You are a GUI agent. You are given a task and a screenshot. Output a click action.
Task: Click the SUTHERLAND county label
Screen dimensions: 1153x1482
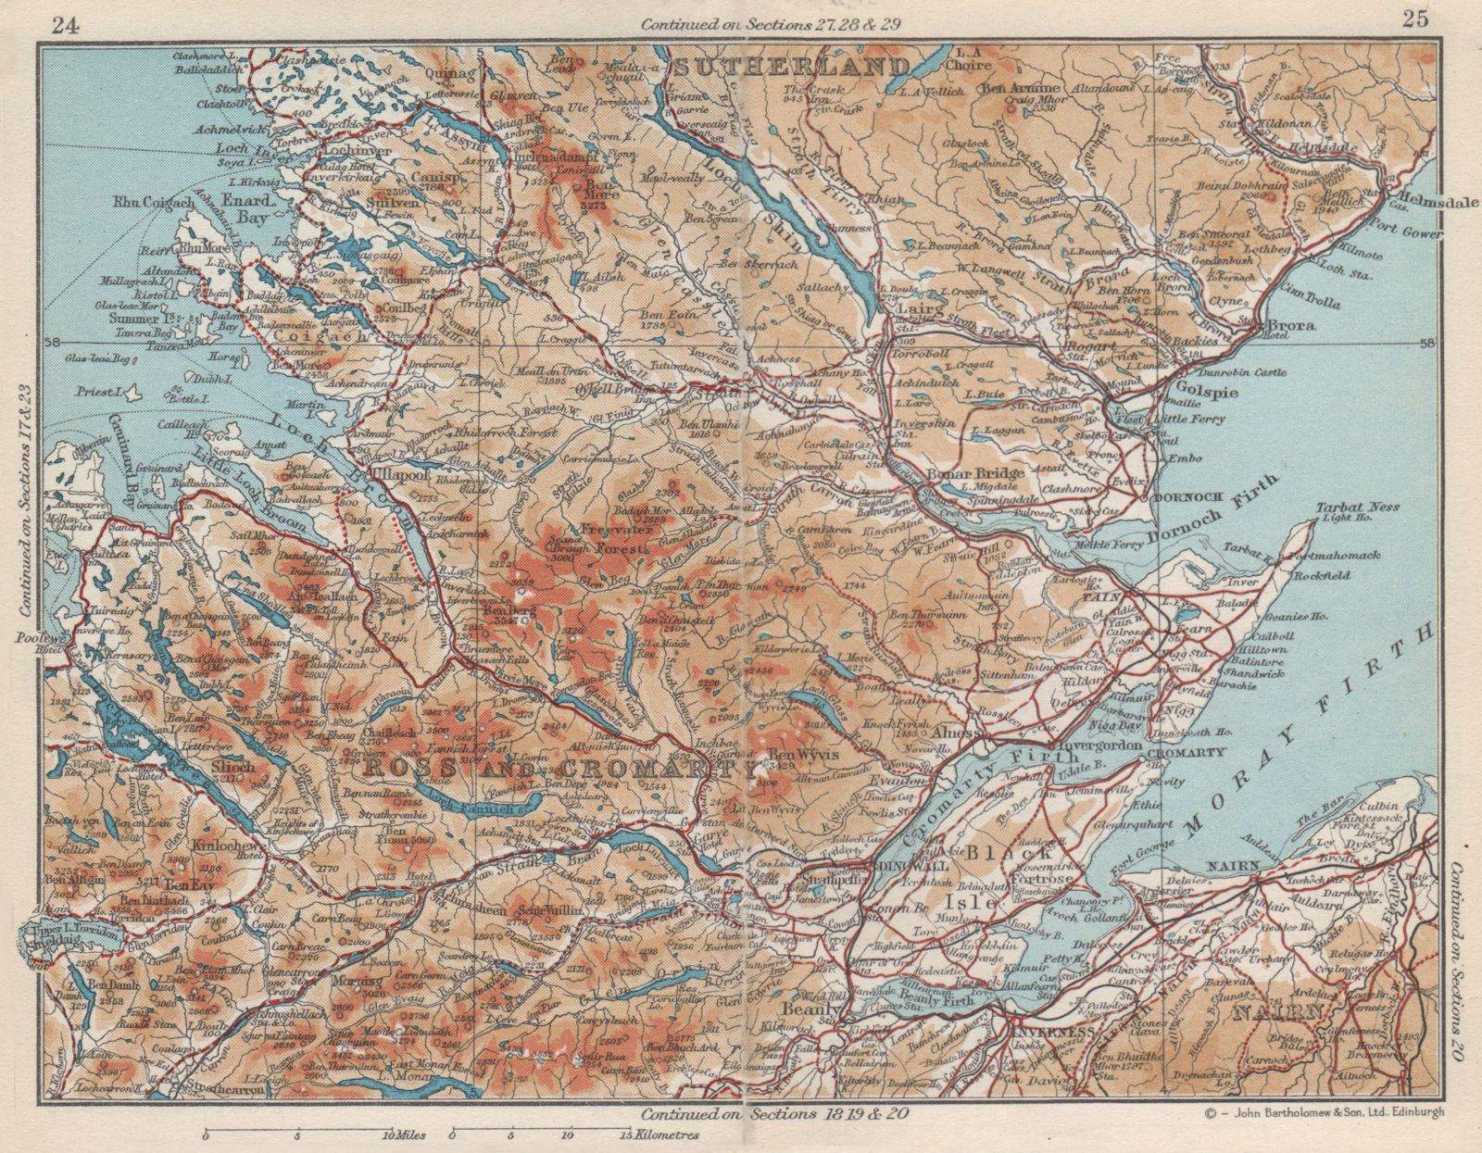pos(790,67)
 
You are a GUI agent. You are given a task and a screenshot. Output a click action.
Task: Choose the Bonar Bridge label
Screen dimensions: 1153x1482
pos(963,473)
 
